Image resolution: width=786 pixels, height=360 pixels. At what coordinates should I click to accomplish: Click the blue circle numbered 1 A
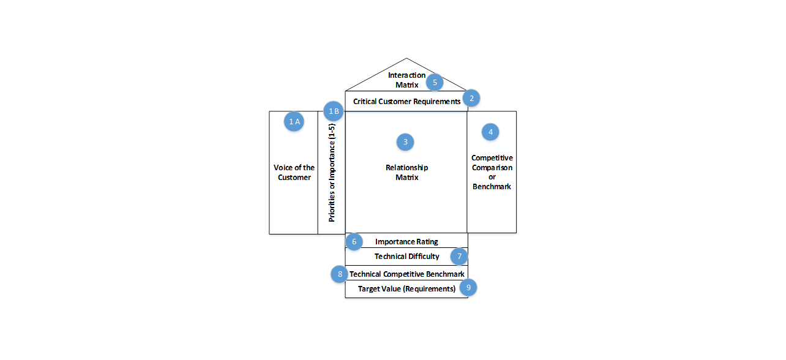click(x=294, y=121)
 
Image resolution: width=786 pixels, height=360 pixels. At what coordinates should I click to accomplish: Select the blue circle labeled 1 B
click(x=334, y=111)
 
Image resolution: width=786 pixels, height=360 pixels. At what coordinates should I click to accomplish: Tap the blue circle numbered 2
click(x=471, y=97)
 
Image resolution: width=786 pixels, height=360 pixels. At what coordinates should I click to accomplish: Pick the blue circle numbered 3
click(x=405, y=142)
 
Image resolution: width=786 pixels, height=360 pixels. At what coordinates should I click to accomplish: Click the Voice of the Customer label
click(x=294, y=173)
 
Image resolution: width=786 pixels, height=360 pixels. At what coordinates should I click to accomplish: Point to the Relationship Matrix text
click(x=406, y=173)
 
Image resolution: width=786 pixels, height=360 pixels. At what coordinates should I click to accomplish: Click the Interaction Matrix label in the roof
click(x=406, y=80)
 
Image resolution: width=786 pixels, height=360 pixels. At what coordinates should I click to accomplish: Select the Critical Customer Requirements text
click(x=406, y=102)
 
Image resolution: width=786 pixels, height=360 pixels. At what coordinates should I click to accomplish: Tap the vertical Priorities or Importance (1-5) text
click(x=332, y=173)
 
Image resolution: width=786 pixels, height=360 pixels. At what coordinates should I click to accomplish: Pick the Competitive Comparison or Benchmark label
click(x=492, y=172)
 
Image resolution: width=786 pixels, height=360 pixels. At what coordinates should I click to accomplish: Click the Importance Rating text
click(x=406, y=242)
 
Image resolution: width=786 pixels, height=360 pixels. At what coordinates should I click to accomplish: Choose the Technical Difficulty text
click(x=406, y=257)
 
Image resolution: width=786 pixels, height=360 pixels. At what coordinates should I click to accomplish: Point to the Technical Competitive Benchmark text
click(x=407, y=274)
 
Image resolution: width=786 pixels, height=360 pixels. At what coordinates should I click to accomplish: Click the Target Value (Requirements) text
click(x=406, y=289)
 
